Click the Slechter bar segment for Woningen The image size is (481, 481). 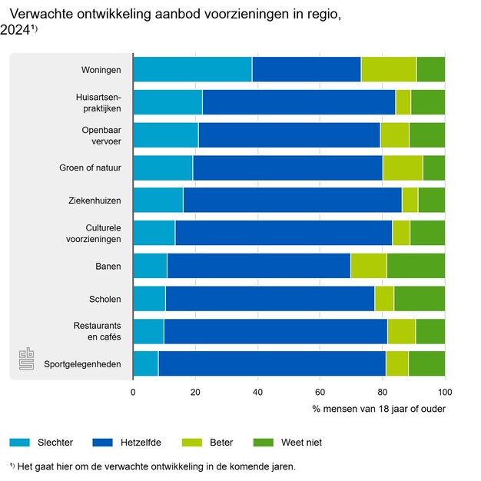pos(192,69)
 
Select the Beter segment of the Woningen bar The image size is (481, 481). pos(389,69)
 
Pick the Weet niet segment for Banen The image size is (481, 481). pos(416,265)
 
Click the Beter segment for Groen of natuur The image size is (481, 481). pos(403,168)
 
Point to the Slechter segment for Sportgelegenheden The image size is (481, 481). pos(145,363)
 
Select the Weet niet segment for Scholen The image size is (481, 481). pos(420,298)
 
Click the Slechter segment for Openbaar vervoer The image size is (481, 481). pos(165,134)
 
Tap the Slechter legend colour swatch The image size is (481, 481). pos(21,442)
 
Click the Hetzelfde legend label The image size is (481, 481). pos(140,442)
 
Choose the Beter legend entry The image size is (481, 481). pos(220,442)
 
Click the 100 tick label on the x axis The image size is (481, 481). pos(444,392)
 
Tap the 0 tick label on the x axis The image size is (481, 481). pos(133,392)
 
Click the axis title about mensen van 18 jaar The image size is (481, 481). pos(379,408)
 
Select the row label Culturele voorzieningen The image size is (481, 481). pos(92,233)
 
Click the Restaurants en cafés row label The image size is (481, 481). pos(95,330)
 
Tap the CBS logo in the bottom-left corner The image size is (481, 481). pos(27,359)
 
